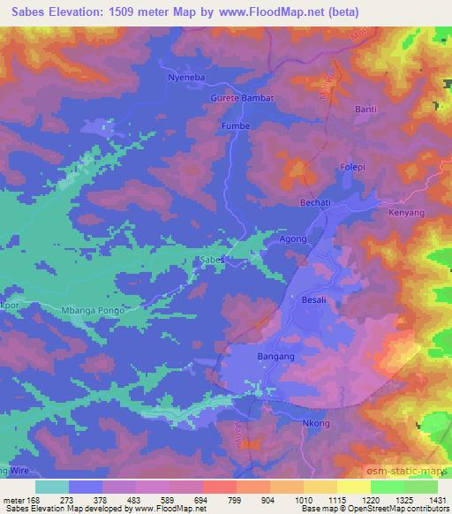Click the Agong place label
coord(292,239)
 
